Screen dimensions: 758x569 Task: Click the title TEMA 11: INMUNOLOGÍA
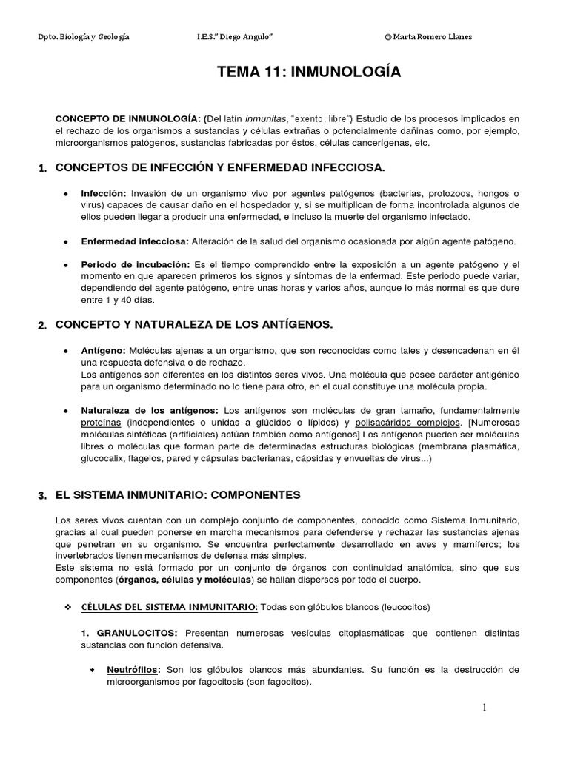[308, 72]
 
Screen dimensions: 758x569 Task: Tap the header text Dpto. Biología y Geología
[83, 37]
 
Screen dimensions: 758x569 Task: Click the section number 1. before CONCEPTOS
[42, 169]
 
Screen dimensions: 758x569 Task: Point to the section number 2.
[42, 326]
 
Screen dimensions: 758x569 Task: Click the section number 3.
[42, 495]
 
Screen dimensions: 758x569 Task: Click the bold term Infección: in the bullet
[104, 193]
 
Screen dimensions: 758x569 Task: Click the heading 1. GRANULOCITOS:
[130, 634]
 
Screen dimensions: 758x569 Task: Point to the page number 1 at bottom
[485, 708]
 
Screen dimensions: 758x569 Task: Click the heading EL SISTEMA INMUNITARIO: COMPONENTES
[178, 494]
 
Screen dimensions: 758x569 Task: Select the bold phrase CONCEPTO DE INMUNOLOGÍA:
[129, 119]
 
